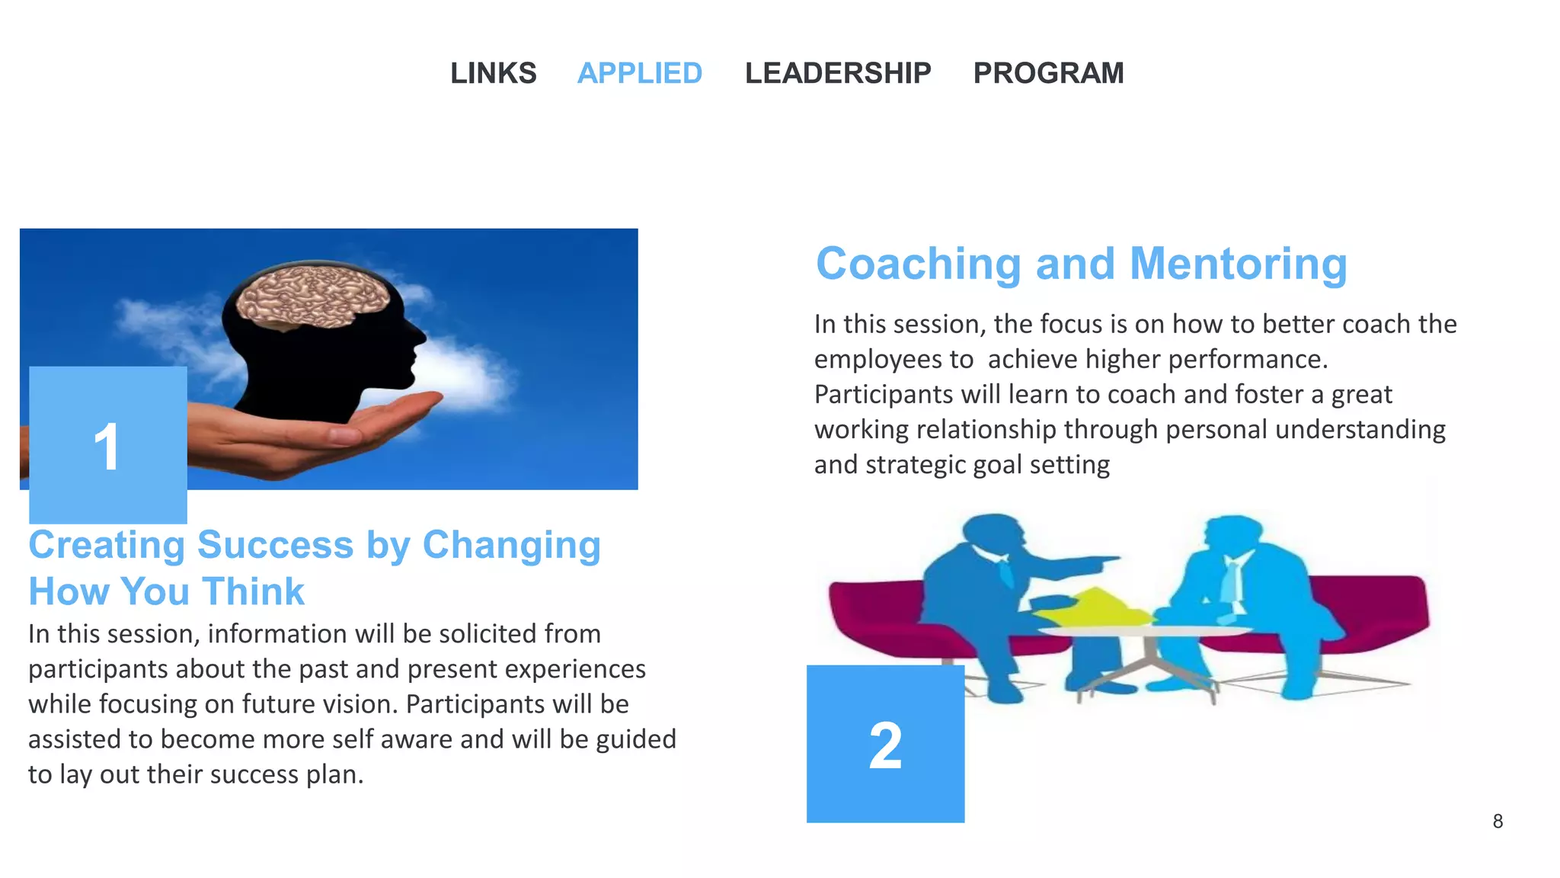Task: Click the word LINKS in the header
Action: point(493,73)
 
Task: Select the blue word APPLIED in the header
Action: point(639,73)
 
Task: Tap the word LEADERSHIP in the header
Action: point(838,73)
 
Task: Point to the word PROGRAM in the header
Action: point(1048,73)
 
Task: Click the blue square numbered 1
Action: point(108,445)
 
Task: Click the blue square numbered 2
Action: point(885,744)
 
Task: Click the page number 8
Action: point(1498,822)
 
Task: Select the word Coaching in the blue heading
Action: point(919,264)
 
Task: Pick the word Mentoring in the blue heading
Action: point(1239,264)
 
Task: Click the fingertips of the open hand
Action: point(431,397)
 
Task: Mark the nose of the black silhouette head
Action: point(420,335)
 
